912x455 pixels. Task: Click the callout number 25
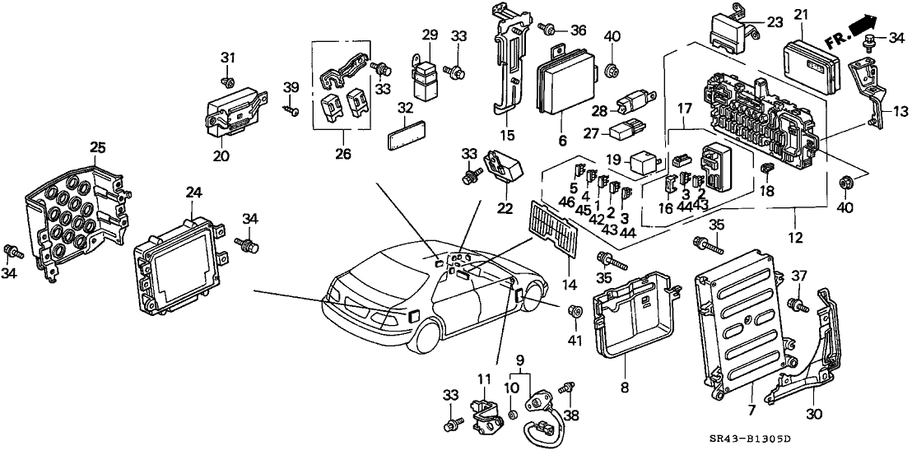[x=98, y=147]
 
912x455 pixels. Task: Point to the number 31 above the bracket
[x=228, y=58]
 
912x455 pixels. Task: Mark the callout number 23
[x=775, y=23]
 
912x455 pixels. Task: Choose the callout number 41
[x=574, y=340]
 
